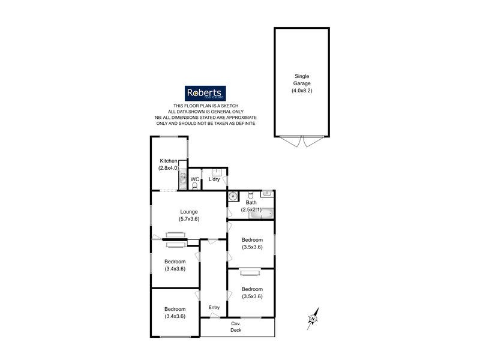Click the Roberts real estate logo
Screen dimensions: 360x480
(205, 93)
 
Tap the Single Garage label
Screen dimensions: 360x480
(302, 80)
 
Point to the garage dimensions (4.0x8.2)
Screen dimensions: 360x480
(302, 91)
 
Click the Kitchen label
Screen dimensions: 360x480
(168, 161)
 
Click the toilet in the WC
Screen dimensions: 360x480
(194, 185)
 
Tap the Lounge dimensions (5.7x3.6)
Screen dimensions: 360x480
(188, 219)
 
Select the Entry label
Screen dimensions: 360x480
(214, 308)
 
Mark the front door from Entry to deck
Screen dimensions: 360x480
(214, 319)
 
